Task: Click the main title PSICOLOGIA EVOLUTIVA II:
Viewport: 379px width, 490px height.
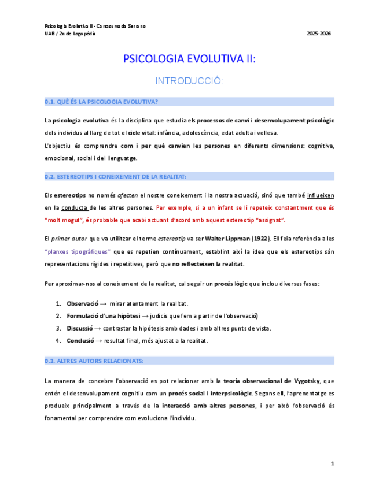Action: point(189,59)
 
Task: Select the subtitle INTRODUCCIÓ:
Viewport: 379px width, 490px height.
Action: point(189,81)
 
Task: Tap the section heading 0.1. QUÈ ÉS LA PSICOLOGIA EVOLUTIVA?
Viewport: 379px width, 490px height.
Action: point(101,102)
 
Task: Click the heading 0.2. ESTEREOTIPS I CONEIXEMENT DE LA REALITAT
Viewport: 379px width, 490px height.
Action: point(115,176)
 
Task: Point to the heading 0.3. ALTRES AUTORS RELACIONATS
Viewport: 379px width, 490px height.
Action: point(94,361)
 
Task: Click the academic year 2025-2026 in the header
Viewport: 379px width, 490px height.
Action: point(318,34)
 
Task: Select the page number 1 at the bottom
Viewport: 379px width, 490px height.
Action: point(332,463)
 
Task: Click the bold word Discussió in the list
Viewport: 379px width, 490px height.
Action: point(80,328)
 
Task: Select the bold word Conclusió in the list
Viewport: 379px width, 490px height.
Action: point(80,340)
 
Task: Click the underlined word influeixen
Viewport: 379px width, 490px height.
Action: point(321,195)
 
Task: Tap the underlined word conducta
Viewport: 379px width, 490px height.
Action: point(75,207)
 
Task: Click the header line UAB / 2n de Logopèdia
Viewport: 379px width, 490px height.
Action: point(71,34)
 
